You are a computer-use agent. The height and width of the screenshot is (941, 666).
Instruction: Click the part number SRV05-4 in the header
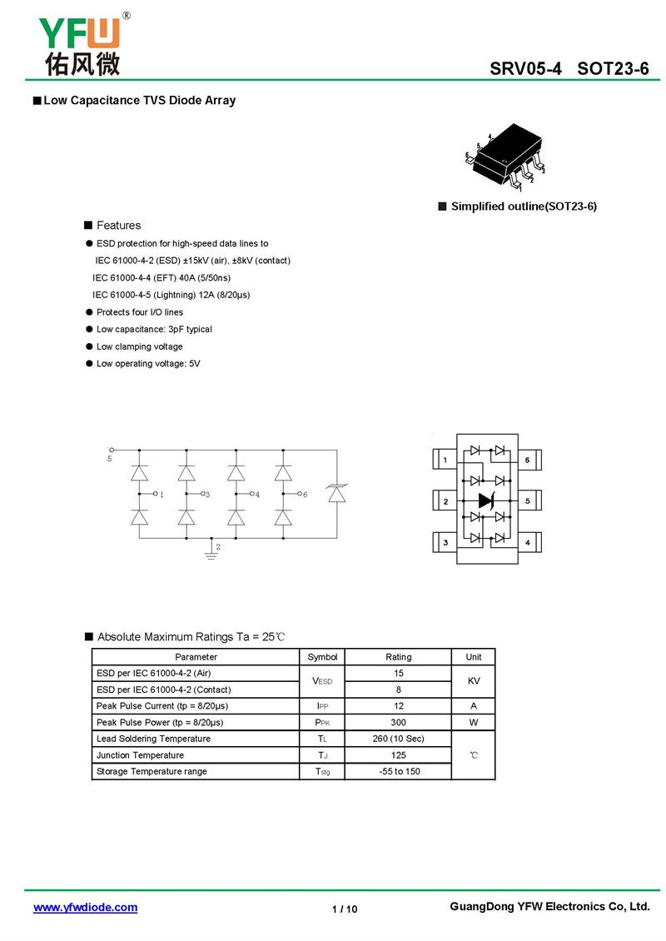click(x=525, y=69)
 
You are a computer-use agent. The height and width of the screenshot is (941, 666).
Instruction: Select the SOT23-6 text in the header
click(x=613, y=69)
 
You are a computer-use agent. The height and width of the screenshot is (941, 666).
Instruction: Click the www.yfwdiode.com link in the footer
click(x=85, y=908)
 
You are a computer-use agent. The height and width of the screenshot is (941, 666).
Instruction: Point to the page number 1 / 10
click(x=345, y=909)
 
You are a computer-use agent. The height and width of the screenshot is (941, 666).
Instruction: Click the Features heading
click(x=118, y=226)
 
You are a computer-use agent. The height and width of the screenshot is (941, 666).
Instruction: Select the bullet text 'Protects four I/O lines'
click(x=140, y=312)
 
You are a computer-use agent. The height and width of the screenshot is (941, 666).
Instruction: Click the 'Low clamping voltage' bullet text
click(x=140, y=346)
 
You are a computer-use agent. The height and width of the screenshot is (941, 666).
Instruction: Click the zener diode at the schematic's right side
click(x=336, y=494)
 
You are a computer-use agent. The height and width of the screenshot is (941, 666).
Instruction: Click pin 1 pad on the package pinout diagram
click(x=445, y=461)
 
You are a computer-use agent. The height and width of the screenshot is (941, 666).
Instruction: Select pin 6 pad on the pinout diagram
click(x=527, y=461)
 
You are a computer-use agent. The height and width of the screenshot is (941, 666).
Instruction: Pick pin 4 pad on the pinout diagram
click(x=527, y=543)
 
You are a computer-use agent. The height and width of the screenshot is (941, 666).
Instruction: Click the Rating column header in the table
click(x=398, y=657)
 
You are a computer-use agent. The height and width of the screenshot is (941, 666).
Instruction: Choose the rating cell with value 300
click(x=398, y=723)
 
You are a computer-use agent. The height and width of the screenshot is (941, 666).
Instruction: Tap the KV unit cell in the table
click(x=473, y=681)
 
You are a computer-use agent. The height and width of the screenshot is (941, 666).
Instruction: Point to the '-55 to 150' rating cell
click(x=398, y=772)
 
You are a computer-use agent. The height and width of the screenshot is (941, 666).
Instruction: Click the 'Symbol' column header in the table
click(x=322, y=657)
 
